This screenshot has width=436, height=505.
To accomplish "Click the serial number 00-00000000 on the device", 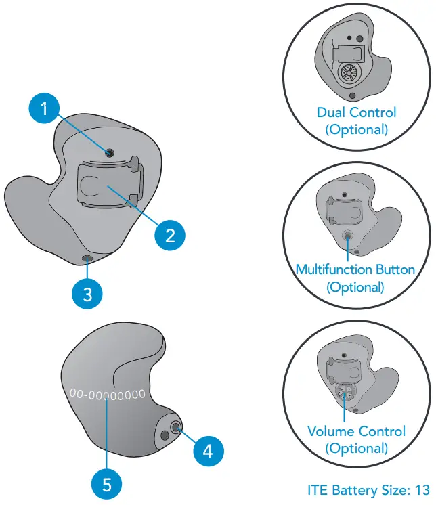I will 107,393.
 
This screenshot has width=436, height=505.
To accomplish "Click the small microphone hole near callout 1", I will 108,154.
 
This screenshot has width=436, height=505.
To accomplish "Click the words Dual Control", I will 356,112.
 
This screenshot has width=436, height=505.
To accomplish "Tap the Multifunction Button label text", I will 355,269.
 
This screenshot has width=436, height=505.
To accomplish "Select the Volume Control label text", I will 356,431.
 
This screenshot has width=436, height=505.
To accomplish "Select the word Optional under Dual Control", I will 357,129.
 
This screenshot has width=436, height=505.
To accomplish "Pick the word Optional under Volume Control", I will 356,448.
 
